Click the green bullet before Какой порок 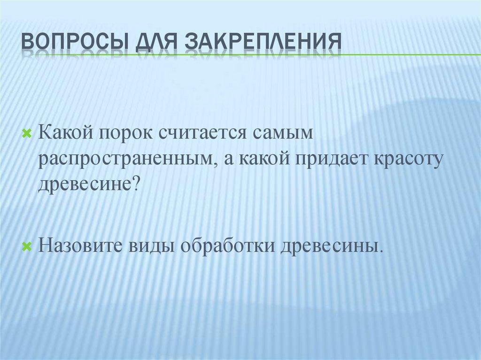pos(27,133)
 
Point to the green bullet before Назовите pos(27,245)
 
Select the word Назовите pos(80,245)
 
